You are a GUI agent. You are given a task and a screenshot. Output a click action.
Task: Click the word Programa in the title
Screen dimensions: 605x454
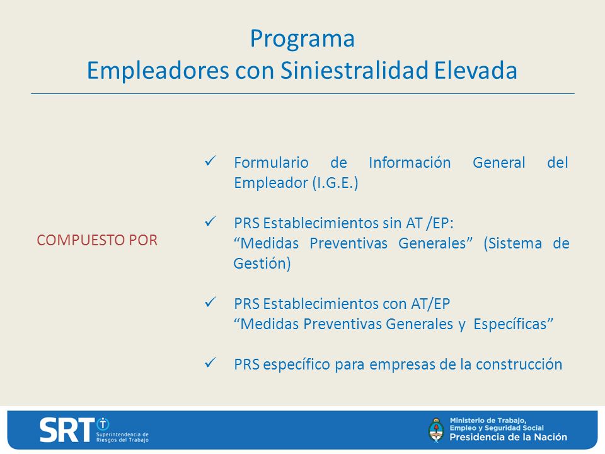tap(302, 39)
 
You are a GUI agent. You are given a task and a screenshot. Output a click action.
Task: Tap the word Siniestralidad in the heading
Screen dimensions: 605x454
tap(354, 70)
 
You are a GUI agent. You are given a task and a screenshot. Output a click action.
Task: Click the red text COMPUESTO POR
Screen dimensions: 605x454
tap(97, 240)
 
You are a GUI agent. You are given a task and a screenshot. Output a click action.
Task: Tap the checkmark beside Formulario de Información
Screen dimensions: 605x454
tap(210, 161)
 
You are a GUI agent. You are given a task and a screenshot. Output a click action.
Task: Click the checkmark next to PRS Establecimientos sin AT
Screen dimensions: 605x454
tap(210, 221)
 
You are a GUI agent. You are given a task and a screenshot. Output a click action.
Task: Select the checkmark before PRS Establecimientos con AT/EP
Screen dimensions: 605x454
tap(210, 302)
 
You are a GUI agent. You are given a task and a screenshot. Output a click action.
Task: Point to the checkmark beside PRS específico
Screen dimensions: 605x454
tap(210, 363)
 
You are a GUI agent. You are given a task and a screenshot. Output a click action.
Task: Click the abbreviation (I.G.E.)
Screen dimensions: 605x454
tap(335, 183)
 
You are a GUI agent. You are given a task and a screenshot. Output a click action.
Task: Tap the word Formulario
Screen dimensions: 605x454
tap(271, 163)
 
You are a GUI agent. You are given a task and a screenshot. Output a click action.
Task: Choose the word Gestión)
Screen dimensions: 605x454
tap(262, 264)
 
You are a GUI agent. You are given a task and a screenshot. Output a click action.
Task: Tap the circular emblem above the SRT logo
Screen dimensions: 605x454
tap(103, 424)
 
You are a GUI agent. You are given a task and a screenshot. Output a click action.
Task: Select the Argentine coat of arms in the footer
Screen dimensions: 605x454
tap(436, 429)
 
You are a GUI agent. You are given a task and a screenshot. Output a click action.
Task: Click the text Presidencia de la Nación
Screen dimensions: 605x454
tap(508, 437)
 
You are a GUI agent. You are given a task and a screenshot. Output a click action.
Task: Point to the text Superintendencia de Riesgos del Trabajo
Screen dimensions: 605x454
tap(122, 437)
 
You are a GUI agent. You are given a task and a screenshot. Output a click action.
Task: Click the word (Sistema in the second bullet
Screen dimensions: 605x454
tap(513, 243)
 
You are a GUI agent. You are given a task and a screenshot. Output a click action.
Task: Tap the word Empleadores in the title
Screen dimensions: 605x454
tap(158, 70)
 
